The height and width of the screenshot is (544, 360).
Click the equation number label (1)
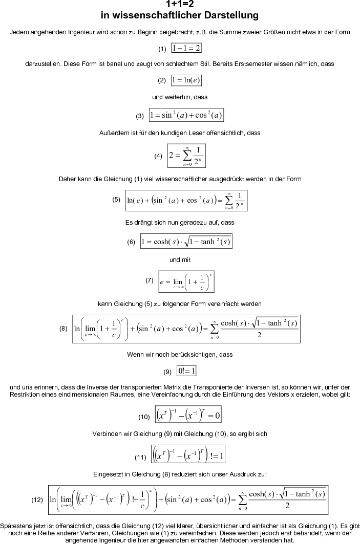(162, 49)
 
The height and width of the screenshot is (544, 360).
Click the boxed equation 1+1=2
(186, 48)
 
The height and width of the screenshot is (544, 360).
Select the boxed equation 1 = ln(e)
(186, 80)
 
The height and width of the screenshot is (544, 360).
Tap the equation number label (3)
(140, 116)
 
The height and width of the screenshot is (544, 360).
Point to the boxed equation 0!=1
(187, 371)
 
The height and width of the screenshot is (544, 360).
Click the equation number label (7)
(150, 280)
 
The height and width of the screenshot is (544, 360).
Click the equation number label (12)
(37, 499)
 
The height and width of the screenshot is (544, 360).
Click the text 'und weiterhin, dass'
(180, 97)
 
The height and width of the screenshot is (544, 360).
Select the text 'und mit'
(180, 260)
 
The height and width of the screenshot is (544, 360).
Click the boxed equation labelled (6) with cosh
(186, 242)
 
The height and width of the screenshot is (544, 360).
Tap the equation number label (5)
(116, 200)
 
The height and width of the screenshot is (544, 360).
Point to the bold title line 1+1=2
(180, 5)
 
